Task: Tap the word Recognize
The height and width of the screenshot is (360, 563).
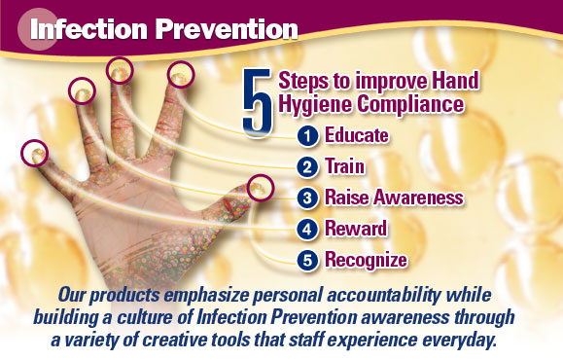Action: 366,260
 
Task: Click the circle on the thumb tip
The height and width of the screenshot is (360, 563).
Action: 260,187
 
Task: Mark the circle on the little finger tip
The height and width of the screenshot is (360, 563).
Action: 36,153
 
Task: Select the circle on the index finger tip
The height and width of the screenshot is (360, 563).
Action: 181,73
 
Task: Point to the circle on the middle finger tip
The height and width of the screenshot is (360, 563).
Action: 120,69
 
